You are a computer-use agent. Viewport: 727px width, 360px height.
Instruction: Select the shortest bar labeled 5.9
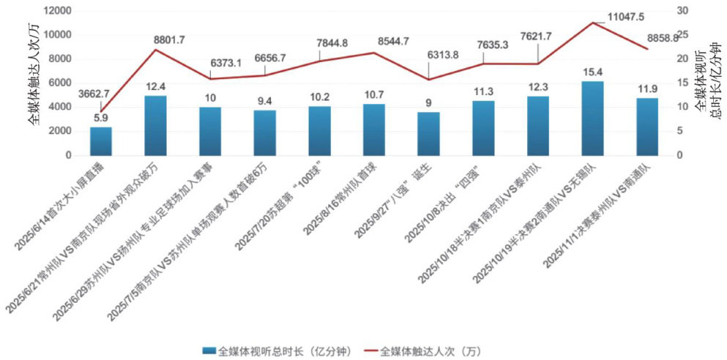point(101,141)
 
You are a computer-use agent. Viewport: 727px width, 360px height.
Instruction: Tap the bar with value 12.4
point(155,125)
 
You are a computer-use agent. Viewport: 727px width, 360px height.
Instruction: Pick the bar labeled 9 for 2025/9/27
point(428,134)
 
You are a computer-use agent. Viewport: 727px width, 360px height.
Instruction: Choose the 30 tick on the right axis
point(682,10)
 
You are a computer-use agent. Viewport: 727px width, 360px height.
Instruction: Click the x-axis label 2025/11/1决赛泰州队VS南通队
point(600,212)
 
